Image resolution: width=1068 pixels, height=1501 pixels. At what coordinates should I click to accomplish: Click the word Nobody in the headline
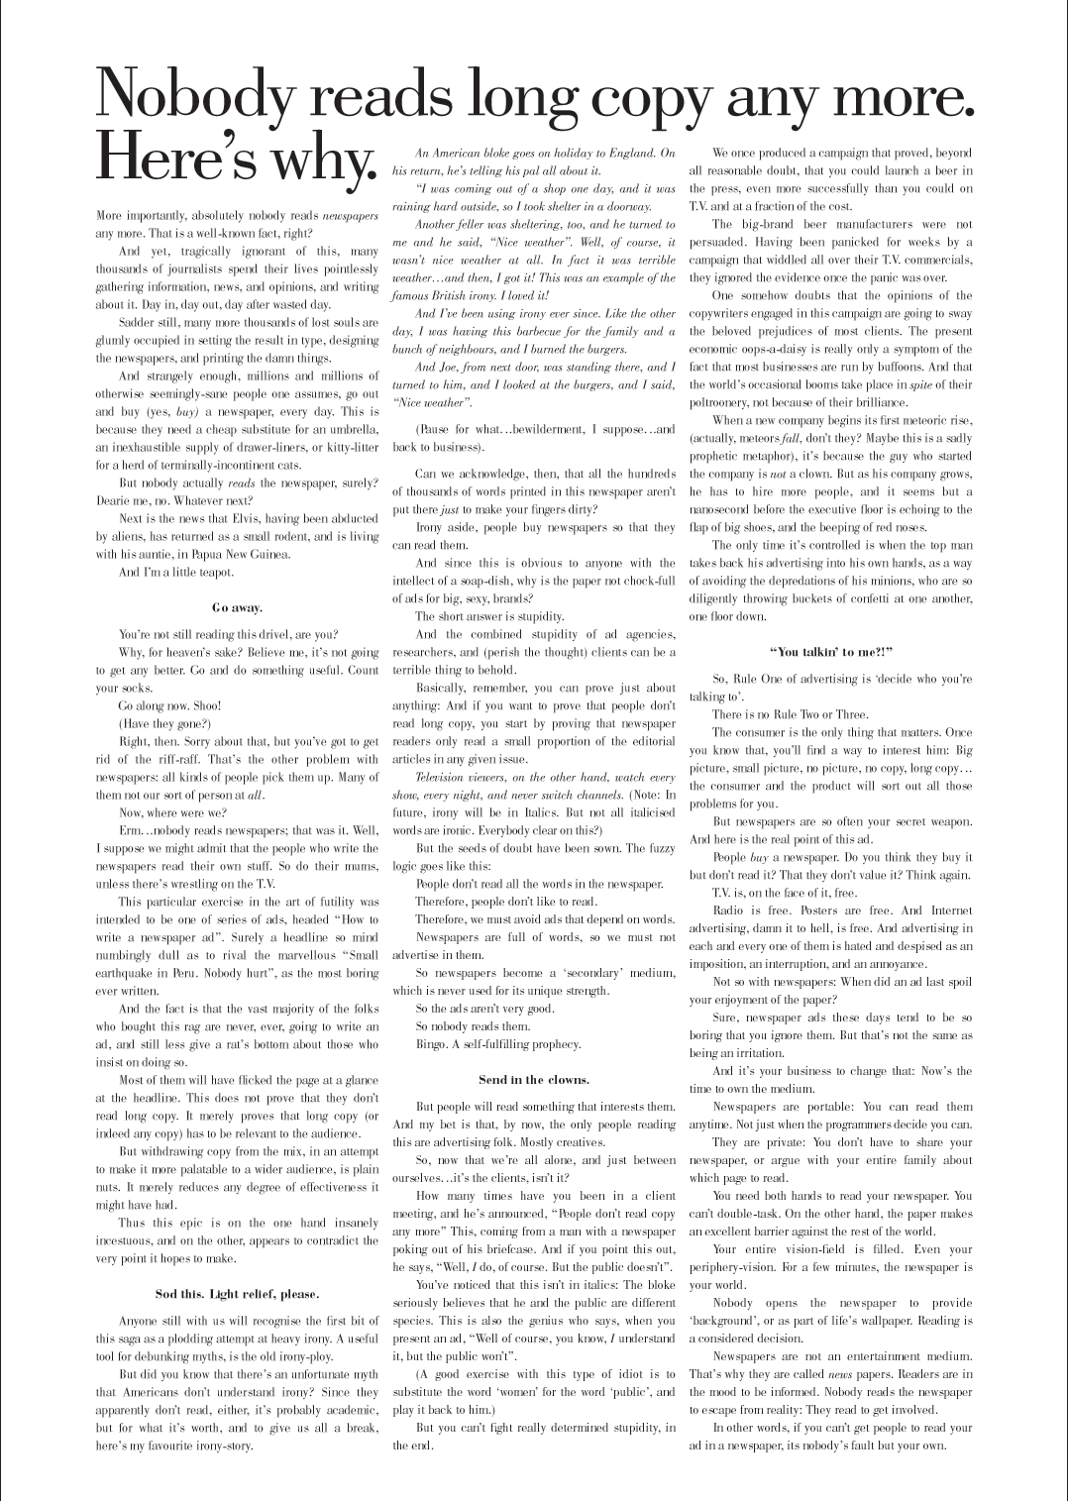(195, 96)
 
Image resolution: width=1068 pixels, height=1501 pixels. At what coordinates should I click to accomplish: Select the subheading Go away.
(237, 607)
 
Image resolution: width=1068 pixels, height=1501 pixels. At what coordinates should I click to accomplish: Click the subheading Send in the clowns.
(533, 1079)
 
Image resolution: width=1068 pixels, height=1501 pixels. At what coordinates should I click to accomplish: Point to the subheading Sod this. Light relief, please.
(237, 1293)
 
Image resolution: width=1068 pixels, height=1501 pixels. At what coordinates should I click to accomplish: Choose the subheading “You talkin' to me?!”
(830, 651)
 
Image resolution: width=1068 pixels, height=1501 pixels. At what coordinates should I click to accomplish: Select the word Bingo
(431, 1043)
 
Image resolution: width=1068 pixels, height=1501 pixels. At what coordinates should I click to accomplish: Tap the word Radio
(728, 911)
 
